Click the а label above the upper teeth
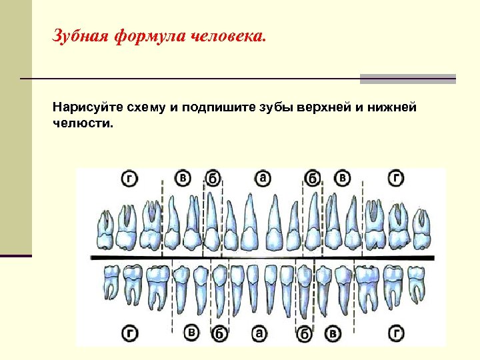(x=263, y=177)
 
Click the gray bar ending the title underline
(x=407, y=79)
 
